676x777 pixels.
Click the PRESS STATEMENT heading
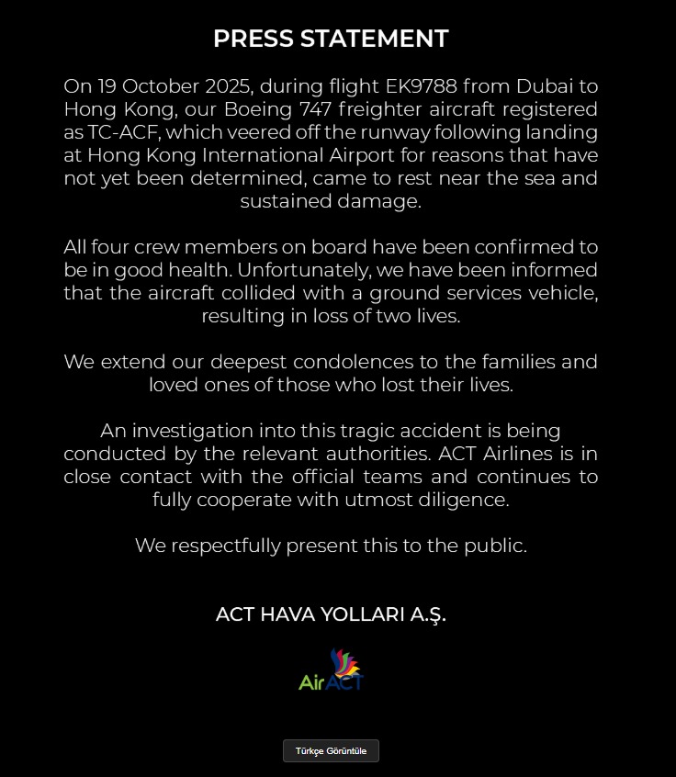tap(331, 39)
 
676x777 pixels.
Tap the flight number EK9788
tap(423, 86)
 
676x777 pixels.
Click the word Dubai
tap(542, 86)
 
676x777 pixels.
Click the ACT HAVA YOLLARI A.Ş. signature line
tap(331, 614)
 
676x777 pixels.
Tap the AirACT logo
tap(332, 670)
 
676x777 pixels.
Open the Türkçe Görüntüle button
tap(331, 750)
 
